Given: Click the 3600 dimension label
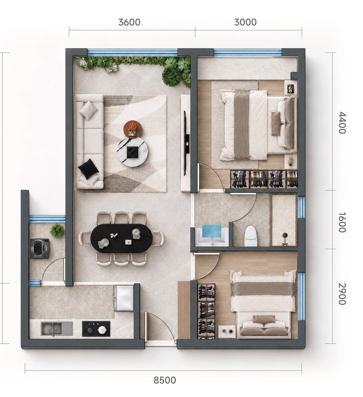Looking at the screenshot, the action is click(129, 22).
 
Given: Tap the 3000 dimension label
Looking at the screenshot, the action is click(245, 22).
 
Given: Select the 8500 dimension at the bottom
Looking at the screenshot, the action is click(165, 380).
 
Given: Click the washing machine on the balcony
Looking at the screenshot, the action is click(39, 248).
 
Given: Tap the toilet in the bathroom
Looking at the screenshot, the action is click(251, 236).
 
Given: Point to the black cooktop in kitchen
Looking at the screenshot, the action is click(96, 329).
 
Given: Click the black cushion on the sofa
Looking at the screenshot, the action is click(88, 169).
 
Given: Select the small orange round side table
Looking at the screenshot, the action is click(133, 129).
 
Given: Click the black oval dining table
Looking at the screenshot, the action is click(122, 238).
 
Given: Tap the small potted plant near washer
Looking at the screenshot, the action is click(57, 230).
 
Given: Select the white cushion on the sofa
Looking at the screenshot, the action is click(88, 110).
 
